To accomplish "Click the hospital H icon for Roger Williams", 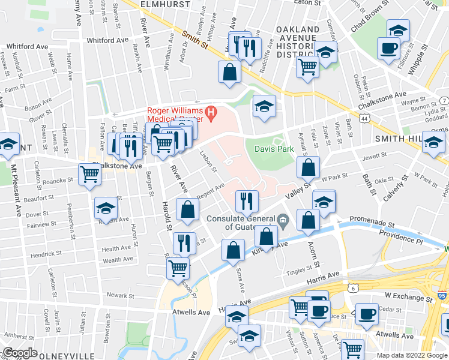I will pos(211,112).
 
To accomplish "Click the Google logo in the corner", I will pos(20,353).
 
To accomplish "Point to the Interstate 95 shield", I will pos(442,295).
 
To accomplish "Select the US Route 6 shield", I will pos(354,289).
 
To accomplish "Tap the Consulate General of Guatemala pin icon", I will pos(284,219).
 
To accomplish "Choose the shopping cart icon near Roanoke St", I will pos(89,175).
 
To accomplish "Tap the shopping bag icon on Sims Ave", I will pos(233,250).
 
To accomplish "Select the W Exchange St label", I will pos(408,297).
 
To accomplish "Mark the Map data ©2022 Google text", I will pos(412,355).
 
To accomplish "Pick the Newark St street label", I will pos(121,295).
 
